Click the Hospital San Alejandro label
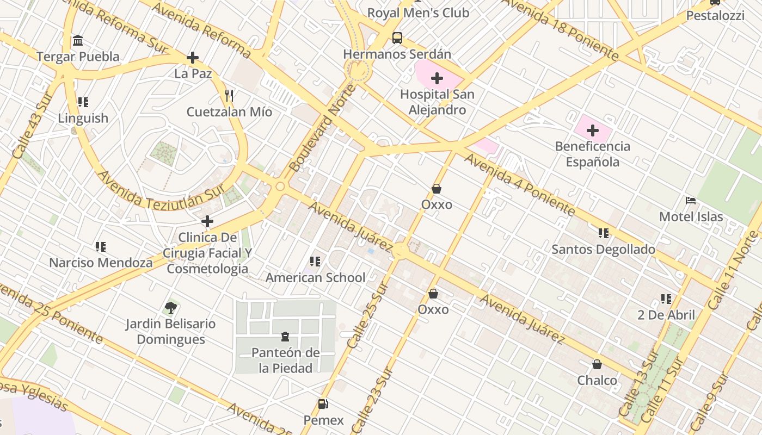pos(437,102)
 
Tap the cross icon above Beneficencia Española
pos(593,130)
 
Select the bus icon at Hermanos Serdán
pos(397,38)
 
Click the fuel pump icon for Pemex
pos(323,404)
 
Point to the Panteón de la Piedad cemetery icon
pos(285,337)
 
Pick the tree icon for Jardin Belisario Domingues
pos(171,308)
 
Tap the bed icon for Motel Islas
pos(691,201)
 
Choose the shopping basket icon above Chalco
pos(597,364)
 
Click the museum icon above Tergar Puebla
pos(78,41)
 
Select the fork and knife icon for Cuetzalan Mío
pos(229,96)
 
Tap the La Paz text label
pos(193,73)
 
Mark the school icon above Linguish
pos(83,102)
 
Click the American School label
pos(315,278)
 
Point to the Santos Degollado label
pos(603,250)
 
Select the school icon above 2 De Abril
pos(666,299)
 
